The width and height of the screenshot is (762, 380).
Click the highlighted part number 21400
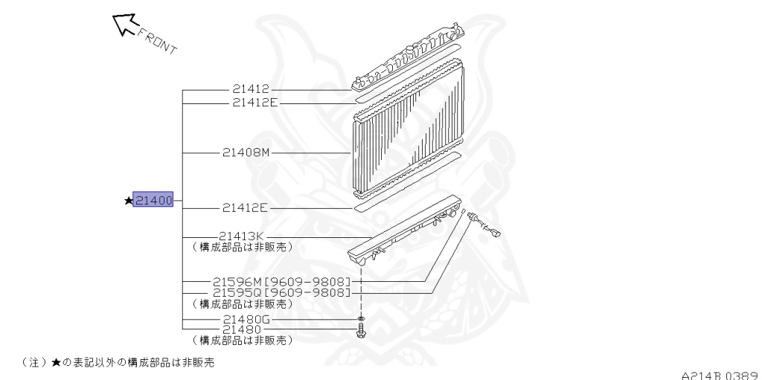(x=153, y=200)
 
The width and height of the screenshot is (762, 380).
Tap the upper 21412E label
(x=254, y=103)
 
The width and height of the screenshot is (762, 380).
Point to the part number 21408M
(x=246, y=152)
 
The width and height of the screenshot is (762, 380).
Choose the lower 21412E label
(x=245, y=209)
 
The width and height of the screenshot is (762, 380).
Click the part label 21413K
(x=243, y=236)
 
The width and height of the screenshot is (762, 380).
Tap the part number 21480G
(x=248, y=320)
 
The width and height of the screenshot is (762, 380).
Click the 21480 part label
(x=242, y=329)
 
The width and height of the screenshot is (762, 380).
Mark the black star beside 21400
(x=128, y=200)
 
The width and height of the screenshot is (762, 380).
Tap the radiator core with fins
(x=405, y=129)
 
